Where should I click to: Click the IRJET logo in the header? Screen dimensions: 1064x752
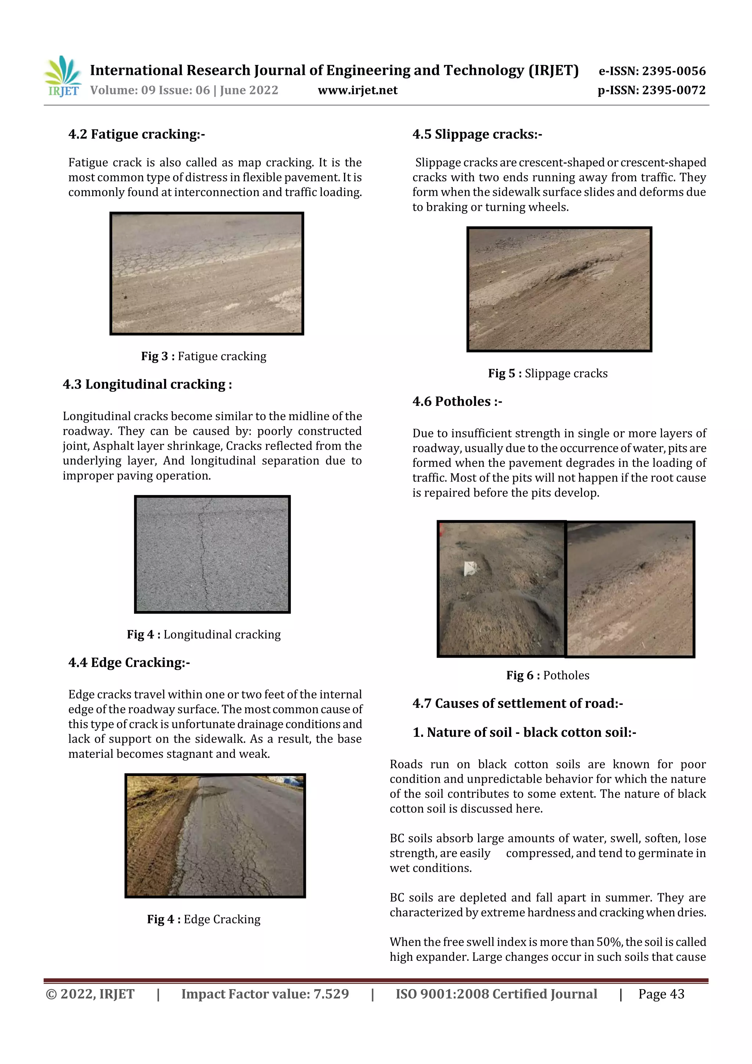pos(62,76)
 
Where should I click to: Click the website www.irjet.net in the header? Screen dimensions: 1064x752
pos(357,90)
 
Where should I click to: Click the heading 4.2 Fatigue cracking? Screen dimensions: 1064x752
pos(136,134)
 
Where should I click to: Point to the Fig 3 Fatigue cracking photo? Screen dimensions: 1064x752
pos(207,273)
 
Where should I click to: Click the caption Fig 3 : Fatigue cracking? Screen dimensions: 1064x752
pos(204,356)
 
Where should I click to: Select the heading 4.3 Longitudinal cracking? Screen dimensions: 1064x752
pos(147,384)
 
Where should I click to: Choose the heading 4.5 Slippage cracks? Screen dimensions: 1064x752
pos(477,134)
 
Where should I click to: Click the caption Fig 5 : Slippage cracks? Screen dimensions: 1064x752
pos(548,374)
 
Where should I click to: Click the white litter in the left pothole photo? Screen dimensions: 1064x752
pos(470,568)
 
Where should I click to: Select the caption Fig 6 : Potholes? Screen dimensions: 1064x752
pos(548,676)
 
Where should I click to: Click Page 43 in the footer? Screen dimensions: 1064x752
pos(661,994)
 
